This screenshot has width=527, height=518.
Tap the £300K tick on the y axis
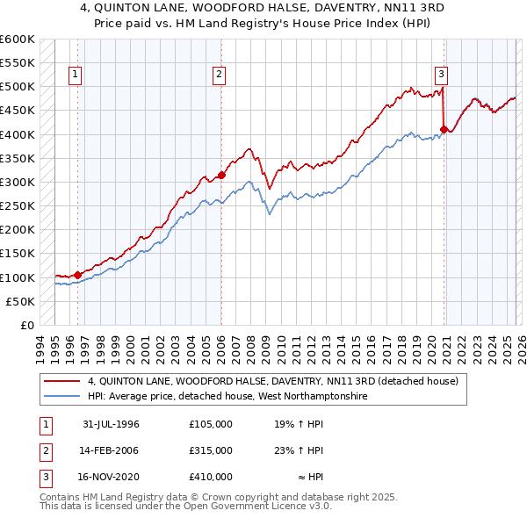pos(17,182)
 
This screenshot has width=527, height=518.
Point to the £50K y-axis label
pos(19,301)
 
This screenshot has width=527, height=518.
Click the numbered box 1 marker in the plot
pos(76,76)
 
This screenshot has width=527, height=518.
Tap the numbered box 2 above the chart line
pos(218,76)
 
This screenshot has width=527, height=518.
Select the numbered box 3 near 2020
pos(441,76)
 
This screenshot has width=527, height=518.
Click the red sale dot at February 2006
pos(221,175)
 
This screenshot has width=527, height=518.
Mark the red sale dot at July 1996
pos(78,275)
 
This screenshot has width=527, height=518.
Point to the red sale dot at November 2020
pos(444,129)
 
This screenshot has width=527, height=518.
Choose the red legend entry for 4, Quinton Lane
pos(272,382)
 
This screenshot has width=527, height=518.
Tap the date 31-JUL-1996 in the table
pos(111,424)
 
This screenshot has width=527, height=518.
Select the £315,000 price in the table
pos(211,450)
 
